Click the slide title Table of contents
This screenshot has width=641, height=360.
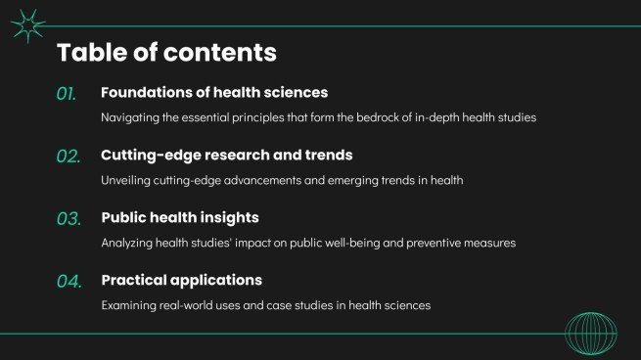pyautogui.click(x=166, y=52)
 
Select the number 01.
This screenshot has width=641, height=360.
pyautogui.click(x=67, y=94)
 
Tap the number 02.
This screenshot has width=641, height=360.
pyautogui.click(x=68, y=157)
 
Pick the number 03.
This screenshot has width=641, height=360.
pyautogui.click(x=68, y=219)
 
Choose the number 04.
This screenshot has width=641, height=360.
pyautogui.click(x=68, y=282)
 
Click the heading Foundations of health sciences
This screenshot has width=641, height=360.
pyautogui.click(x=214, y=93)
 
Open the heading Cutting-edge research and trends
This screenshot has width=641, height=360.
pyautogui.click(x=226, y=156)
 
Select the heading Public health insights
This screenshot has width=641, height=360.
pyautogui.click(x=180, y=218)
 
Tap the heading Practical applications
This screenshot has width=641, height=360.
pyautogui.click(x=181, y=281)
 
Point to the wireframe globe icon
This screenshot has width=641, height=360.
pyautogui.click(x=590, y=333)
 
